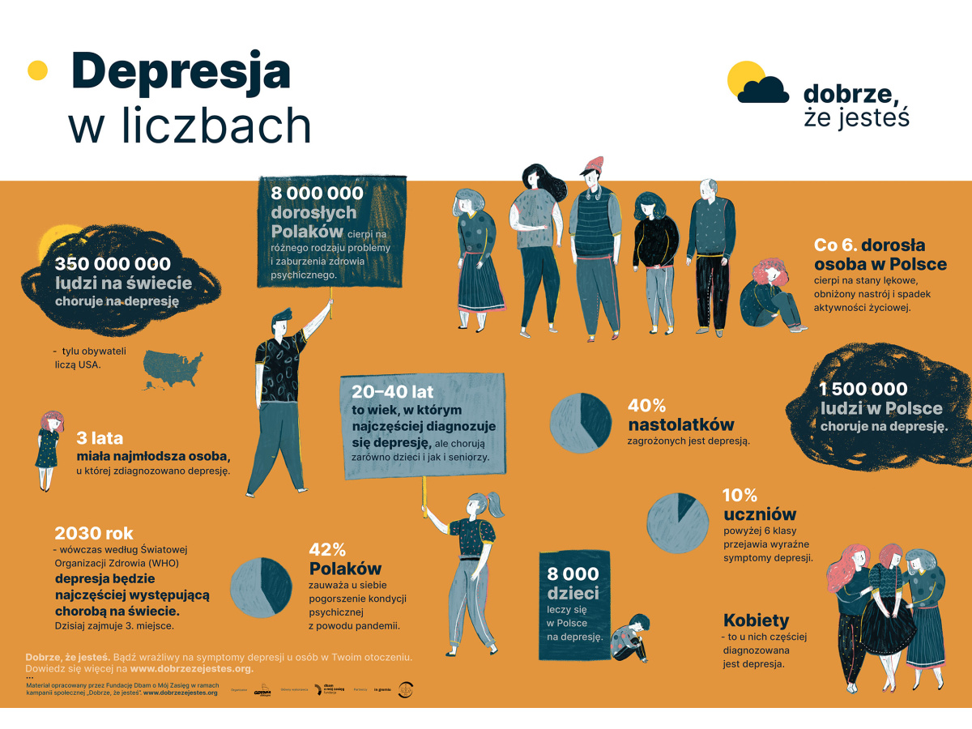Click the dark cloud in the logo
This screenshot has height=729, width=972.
coord(764,88)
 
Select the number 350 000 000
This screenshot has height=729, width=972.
coord(113,264)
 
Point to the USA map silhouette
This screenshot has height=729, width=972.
coord(173,369)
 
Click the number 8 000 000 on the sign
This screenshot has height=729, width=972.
coord(317,194)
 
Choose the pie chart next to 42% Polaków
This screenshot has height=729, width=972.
coord(261,585)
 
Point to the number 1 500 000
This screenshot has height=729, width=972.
coord(863,390)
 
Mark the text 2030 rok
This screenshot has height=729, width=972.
coord(94,533)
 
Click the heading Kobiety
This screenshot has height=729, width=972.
coord(756,620)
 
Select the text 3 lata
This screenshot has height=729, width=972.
coord(100,438)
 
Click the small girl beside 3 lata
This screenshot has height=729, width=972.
coord(50,450)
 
